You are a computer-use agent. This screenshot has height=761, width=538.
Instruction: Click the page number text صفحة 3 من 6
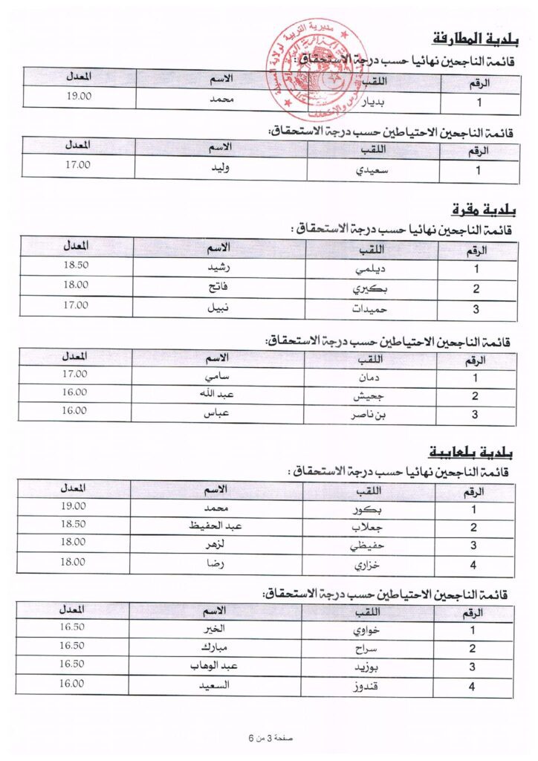click(x=271, y=738)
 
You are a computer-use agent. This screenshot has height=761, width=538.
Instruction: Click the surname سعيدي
click(x=373, y=170)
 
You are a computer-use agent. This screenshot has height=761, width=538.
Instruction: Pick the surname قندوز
click(x=364, y=685)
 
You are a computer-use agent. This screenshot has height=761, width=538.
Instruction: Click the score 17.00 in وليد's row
click(x=77, y=165)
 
